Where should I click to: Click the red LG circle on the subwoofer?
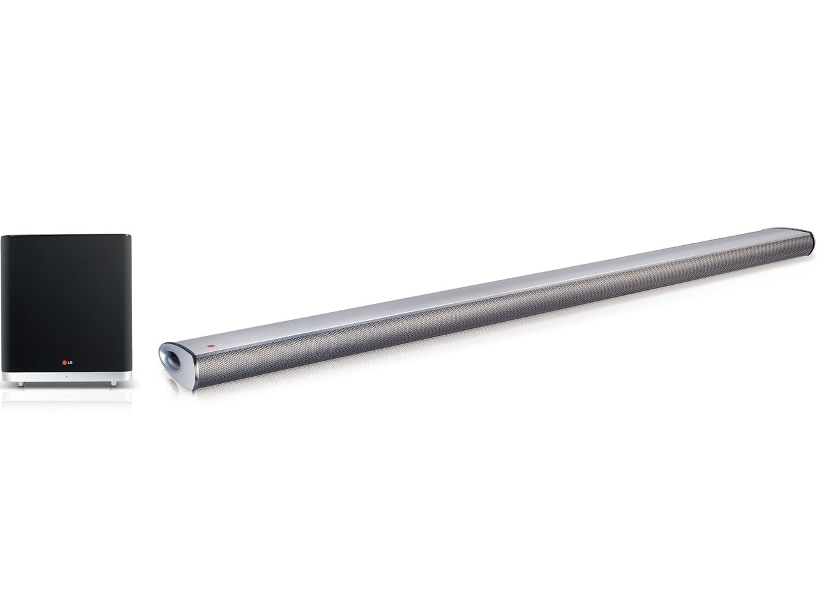click(x=64, y=362)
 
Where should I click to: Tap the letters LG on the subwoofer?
click(x=70, y=362)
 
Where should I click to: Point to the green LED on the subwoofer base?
click(x=66, y=376)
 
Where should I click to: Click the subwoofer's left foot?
click(x=21, y=384)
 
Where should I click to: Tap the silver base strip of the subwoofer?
click(x=66, y=376)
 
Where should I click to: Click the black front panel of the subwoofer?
click(x=66, y=303)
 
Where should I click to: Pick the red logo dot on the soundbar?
click(x=211, y=346)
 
